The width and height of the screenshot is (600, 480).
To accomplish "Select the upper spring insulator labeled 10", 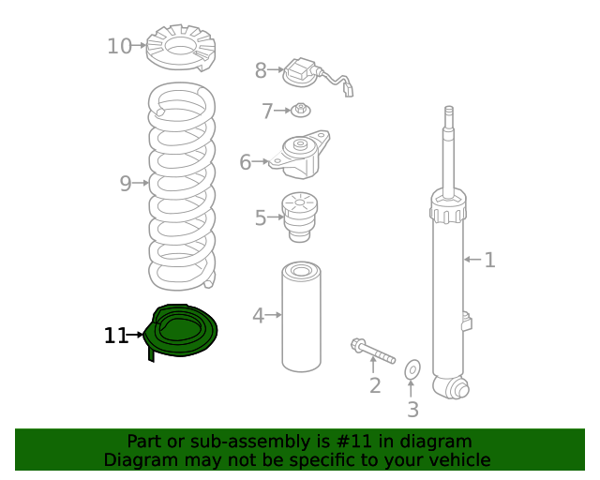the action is [x=181, y=48].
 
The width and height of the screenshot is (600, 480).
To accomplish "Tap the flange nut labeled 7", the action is [x=301, y=110].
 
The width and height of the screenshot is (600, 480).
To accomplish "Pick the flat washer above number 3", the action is [x=412, y=369].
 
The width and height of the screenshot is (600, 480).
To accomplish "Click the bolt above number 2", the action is [x=373, y=351].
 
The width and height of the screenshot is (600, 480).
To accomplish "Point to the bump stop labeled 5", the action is [x=300, y=217].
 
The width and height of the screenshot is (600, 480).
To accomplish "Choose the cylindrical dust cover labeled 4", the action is [x=301, y=317].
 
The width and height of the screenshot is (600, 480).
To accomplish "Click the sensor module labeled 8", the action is [x=300, y=73].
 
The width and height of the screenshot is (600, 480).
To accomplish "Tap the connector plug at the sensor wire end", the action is [x=348, y=91].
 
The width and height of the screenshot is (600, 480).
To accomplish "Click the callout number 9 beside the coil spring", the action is [x=126, y=184].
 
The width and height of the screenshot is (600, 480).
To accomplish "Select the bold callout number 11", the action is [x=115, y=336].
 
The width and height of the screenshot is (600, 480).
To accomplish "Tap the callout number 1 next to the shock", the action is [x=489, y=260].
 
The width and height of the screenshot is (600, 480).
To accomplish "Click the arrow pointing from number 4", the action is [x=273, y=315].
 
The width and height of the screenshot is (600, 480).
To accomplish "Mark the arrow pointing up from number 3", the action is [x=411, y=388].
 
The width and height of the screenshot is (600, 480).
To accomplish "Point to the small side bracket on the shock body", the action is [x=467, y=322].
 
